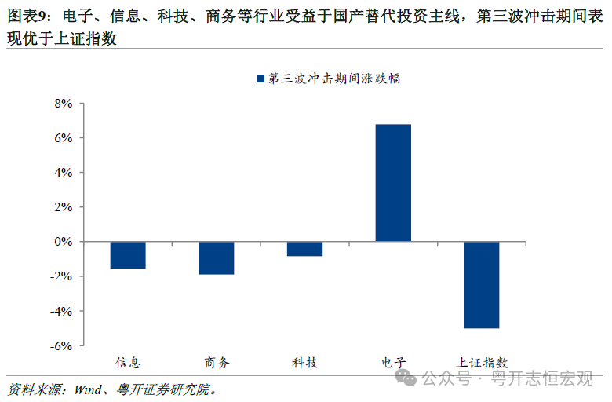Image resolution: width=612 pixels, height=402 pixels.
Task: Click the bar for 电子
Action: click(393, 183)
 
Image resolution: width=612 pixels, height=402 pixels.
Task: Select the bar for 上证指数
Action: click(481, 285)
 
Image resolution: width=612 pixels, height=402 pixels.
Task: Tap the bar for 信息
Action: click(128, 255)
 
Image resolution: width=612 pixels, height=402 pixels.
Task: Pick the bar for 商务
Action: click(216, 258)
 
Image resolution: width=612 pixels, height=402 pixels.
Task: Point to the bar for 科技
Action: click(304, 249)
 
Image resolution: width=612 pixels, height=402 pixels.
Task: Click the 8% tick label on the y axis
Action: click(63, 104)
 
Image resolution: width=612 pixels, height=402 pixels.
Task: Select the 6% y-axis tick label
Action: click(63, 138)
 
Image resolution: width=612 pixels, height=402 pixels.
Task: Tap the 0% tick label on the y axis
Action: click(63, 242)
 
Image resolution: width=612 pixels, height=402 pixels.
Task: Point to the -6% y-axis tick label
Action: click(60, 345)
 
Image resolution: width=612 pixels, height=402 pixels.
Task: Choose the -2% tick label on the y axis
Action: click(60, 276)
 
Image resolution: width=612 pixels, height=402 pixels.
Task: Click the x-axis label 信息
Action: click(128, 363)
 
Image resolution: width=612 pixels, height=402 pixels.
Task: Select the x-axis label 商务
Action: click(217, 363)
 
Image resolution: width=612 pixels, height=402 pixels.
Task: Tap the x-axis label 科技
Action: click(304, 363)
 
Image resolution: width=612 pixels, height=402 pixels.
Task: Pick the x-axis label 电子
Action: click(393, 363)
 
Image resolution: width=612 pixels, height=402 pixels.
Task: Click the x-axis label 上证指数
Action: click(482, 363)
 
